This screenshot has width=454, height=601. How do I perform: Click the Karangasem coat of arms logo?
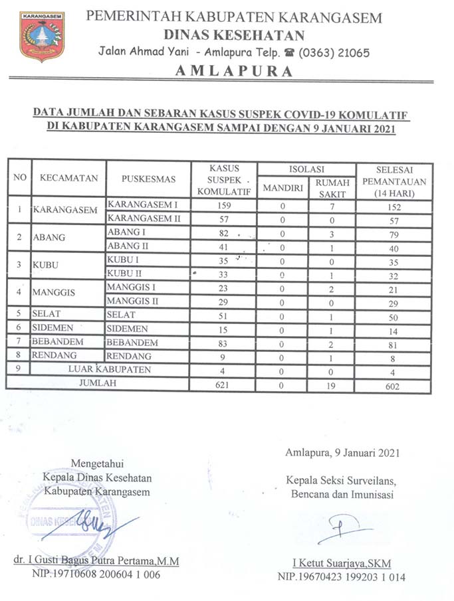[x=42, y=36]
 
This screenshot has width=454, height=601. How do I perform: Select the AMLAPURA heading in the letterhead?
[x=234, y=71]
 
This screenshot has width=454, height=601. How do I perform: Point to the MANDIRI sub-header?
[x=283, y=188]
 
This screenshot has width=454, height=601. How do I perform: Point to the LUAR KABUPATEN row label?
[x=110, y=370]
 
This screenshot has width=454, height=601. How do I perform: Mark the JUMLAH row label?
[x=98, y=384]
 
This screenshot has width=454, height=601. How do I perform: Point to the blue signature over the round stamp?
[x=100, y=521]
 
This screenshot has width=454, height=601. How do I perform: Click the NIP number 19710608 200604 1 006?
[x=96, y=574]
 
